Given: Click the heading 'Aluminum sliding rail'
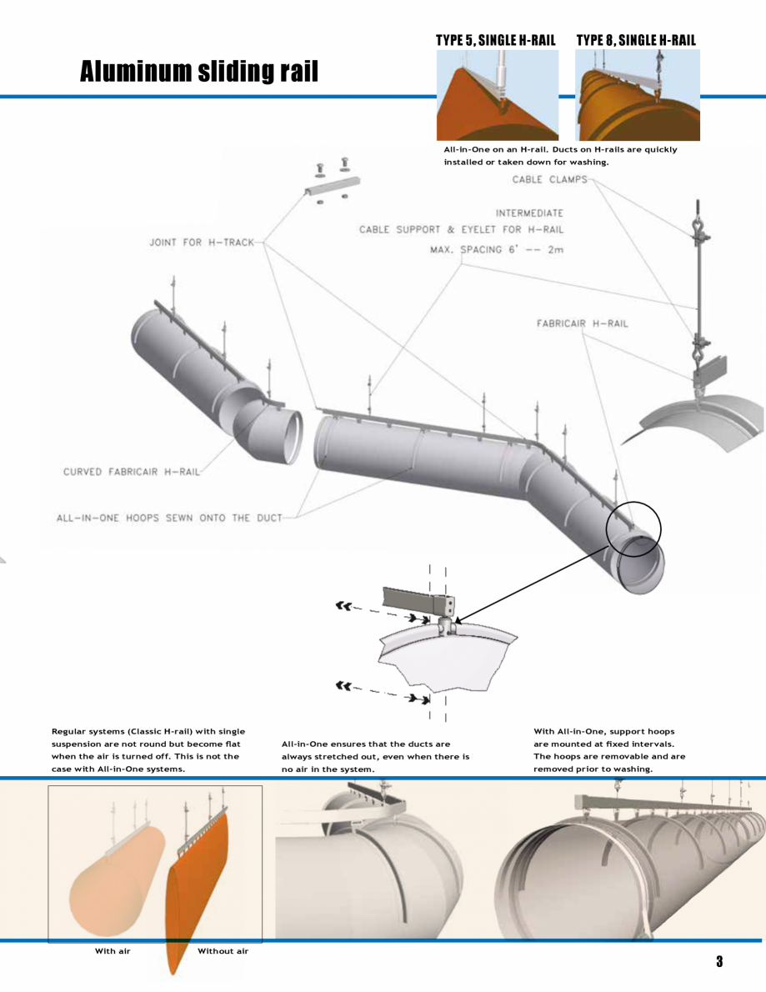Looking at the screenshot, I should tap(198, 72).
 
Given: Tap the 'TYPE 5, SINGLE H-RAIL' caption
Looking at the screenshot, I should tap(495, 40).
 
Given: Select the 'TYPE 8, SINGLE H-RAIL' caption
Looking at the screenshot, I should tap(636, 40).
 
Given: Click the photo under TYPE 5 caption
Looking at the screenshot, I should tap(497, 94).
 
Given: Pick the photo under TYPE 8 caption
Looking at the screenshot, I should tap(637, 94).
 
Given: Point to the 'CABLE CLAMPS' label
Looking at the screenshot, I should tap(549, 179).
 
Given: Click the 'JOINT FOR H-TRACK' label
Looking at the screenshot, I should tap(202, 243).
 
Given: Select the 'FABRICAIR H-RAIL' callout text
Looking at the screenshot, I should tap(582, 323).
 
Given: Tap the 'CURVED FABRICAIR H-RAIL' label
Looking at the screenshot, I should tap(132, 472).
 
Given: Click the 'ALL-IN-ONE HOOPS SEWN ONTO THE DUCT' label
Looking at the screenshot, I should tap(163, 518).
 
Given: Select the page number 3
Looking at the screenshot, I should tap(718, 961).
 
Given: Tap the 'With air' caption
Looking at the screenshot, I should tap(113, 950).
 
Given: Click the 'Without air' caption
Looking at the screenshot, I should tap(223, 950).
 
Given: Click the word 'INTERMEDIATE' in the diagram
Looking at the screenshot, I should tap(529, 213).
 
